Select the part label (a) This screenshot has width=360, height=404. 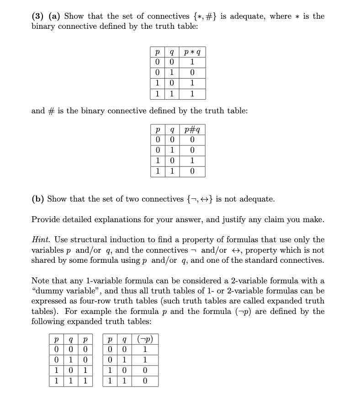click(54, 16)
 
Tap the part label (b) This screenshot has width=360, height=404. click(38, 199)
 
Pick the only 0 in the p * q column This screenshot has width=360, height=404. click(191, 73)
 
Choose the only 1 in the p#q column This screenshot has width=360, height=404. click(191, 161)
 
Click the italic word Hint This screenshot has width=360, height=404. click(41, 239)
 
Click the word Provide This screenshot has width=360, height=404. click(47, 219)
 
